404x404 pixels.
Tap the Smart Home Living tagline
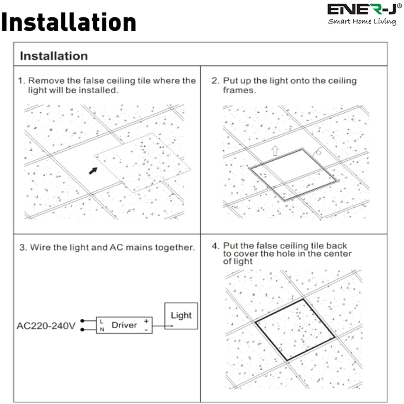tap(362, 21)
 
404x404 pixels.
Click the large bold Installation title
tap(68, 23)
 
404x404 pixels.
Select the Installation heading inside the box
tap(54, 55)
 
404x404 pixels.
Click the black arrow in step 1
tap(93, 170)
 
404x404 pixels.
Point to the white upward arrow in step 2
tap(275, 151)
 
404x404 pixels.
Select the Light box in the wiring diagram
tap(181, 316)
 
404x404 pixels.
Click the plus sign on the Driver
tap(145, 321)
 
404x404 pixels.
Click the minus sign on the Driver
tap(145, 330)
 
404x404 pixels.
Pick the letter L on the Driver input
tap(101, 321)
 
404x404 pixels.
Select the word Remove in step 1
tap(43, 81)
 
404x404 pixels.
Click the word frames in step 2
tap(239, 90)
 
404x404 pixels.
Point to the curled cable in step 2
tap(318, 152)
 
